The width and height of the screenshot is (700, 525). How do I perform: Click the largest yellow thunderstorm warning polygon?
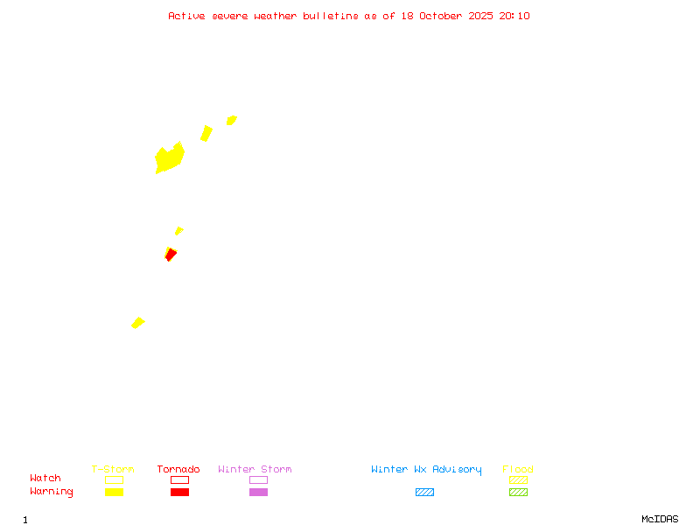click(x=169, y=158)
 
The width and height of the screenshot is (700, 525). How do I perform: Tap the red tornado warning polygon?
click(x=171, y=255)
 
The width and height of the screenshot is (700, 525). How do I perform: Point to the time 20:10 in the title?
click(x=514, y=16)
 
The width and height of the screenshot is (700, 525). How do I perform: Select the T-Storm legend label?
click(x=113, y=469)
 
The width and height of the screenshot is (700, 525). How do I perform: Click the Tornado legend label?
click(x=178, y=469)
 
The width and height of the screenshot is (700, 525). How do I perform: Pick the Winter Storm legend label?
click(x=255, y=469)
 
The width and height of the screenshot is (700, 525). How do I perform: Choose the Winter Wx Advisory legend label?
click(x=426, y=469)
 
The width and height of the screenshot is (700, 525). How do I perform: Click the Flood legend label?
click(x=518, y=469)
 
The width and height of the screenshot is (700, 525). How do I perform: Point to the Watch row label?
click(x=45, y=479)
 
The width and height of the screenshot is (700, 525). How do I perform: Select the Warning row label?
click(x=52, y=492)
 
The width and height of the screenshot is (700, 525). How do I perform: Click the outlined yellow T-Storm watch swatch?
click(x=114, y=479)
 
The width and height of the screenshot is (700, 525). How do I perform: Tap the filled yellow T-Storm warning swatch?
click(x=114, y=492)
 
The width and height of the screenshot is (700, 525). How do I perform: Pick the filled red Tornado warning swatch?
click(x=179, y=492)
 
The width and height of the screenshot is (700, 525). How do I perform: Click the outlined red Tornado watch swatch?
click(x=179, y=479)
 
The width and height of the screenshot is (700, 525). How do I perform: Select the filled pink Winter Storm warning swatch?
click(x=258, y=492)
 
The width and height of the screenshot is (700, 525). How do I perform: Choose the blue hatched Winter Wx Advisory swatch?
click(x=424, y=492)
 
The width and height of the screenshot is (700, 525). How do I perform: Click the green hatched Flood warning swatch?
click(x=518, y=492)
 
